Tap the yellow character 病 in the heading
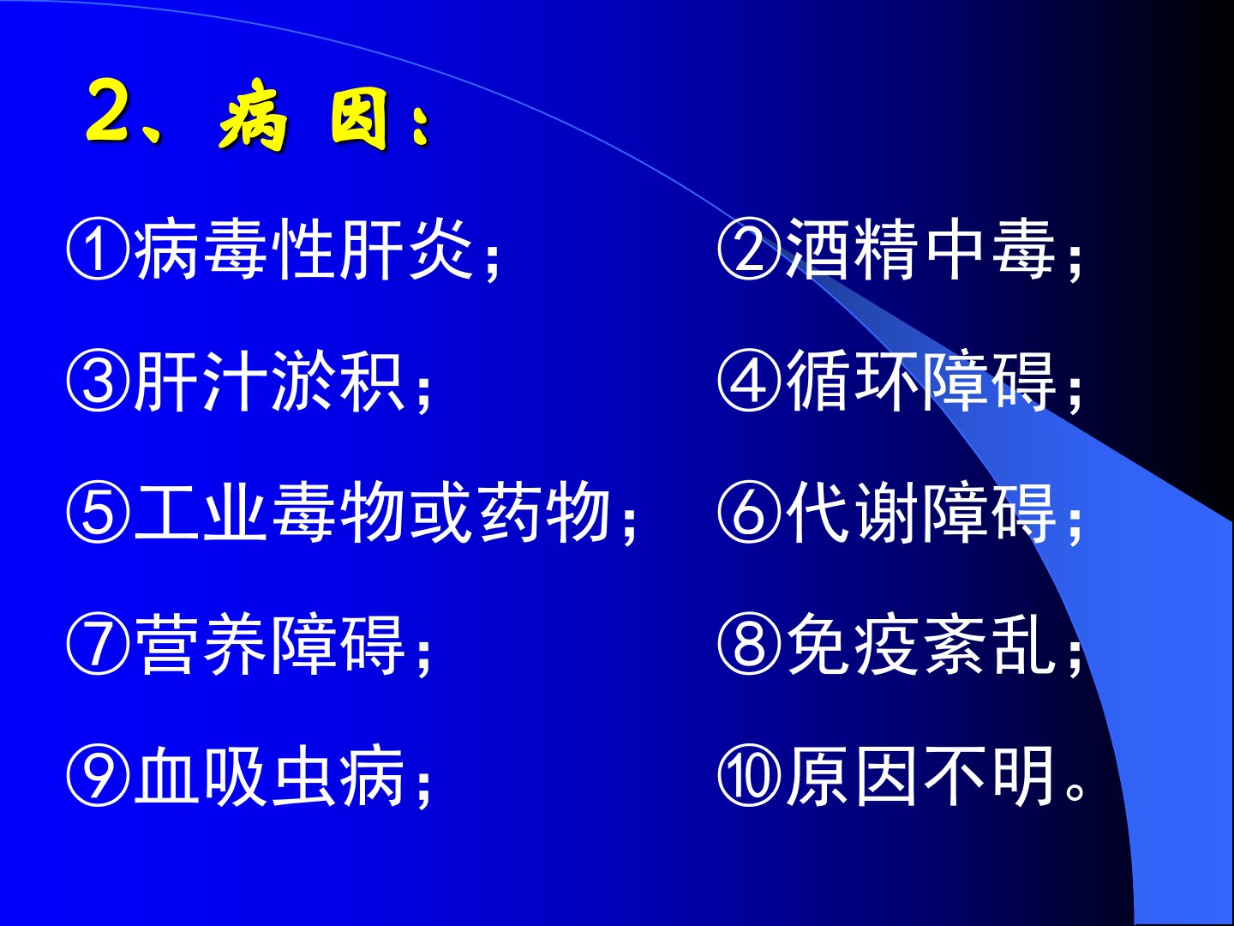tap(253, 115)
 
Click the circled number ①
tap(99, 249)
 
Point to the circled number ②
tap(749, 249)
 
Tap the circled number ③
tap(99, 381)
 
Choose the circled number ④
tap(749, 381)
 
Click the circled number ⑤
tap(99, 512)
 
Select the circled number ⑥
tap(749, 512)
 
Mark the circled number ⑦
tap(99, 643)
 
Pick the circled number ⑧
tap(749, 643)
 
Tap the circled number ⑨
tap(99, 775)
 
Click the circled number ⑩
tap(749, 775)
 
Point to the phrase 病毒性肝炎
tap(303, 249)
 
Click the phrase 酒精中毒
tap(920, 249)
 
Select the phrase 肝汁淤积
tap(269, 381)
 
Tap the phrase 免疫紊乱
tap(920, 643)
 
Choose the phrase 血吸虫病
tap(269, 775)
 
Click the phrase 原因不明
tap(920, 775)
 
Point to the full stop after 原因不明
tap(1075, 791)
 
